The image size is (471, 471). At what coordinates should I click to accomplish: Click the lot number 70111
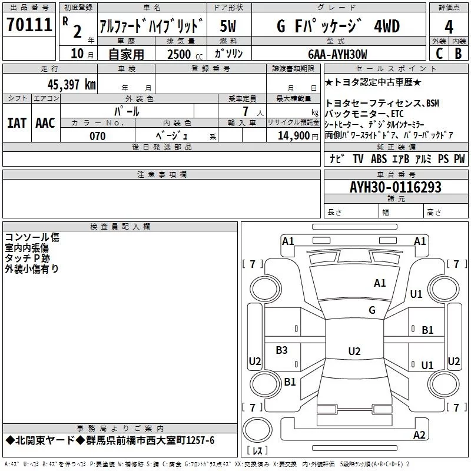29,25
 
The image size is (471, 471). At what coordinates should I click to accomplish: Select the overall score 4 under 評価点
449,26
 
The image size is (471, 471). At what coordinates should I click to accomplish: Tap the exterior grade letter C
439,54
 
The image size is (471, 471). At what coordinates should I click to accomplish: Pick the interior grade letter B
458,54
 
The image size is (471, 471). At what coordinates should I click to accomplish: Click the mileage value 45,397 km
71,85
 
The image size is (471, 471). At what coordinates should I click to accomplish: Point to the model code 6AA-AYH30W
337,54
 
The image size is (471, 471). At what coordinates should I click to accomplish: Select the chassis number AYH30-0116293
396,187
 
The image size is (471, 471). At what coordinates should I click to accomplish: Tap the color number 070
98,136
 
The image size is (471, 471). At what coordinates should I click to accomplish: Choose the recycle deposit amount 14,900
293,136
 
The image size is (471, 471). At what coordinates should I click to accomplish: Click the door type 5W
228,26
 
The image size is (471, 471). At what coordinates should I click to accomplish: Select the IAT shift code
16,123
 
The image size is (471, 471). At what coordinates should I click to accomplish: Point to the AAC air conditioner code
45,123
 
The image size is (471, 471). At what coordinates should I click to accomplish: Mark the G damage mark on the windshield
372,310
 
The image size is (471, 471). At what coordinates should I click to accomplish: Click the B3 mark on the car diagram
281,350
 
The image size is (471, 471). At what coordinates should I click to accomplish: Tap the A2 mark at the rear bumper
419,435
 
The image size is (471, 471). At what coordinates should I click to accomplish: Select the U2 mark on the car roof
354,351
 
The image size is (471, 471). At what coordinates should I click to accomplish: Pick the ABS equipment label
379,158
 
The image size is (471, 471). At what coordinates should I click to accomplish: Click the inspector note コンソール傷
32,237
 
